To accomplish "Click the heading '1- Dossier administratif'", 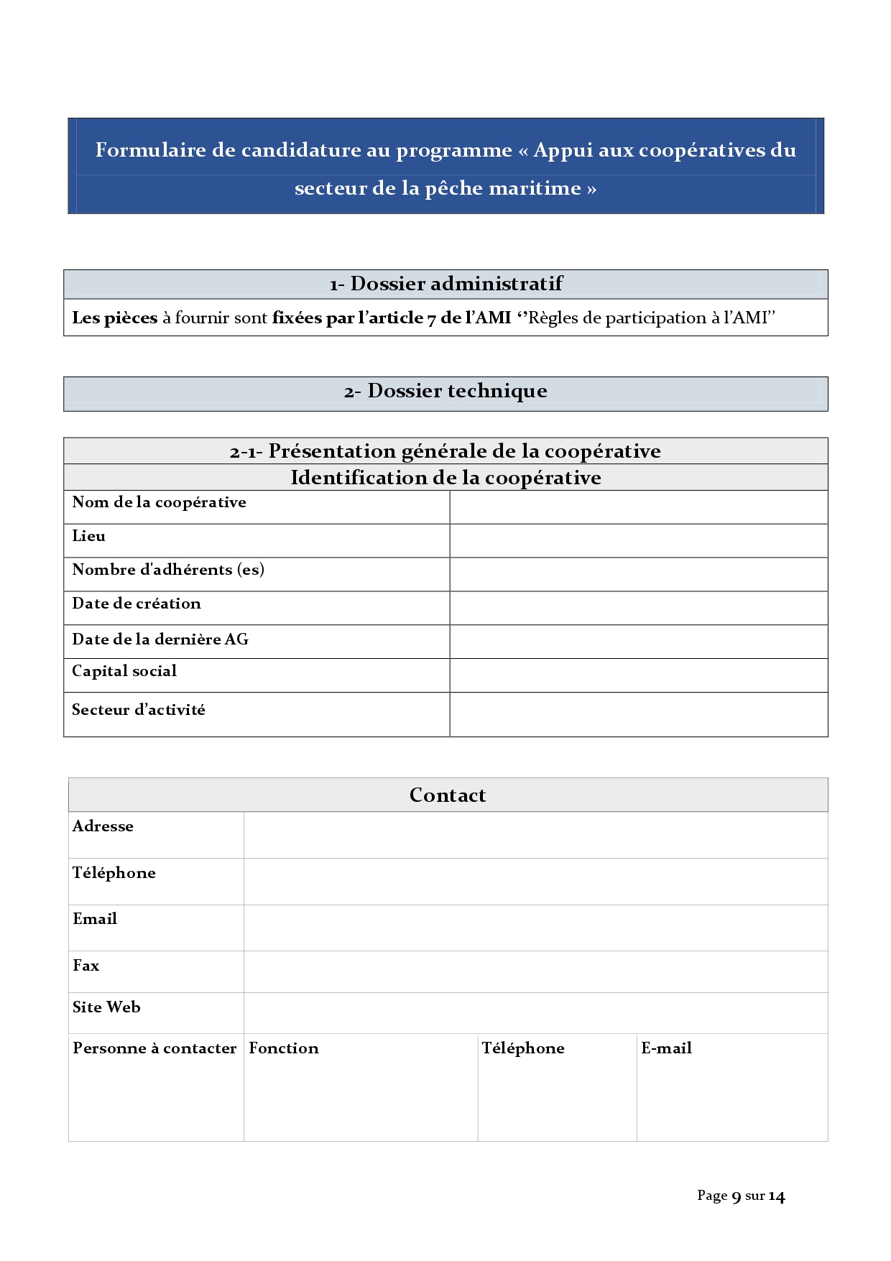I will coord(445,284).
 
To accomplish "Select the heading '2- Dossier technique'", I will coord(445,392).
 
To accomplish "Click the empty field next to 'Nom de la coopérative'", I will coord(638,507).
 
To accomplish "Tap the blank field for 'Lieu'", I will coord(638,540).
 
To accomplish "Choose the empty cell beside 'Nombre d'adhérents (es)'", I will coord(638,574).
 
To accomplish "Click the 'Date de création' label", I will coord(137,604).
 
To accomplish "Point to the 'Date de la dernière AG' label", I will coord(160,639).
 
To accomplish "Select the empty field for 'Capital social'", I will coord(638,675).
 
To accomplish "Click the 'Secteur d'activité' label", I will coord(139,710).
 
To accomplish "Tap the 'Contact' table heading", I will coord(448,795).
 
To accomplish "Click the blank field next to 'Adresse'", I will coord(535,835).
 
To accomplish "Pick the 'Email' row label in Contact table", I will coord(95,919).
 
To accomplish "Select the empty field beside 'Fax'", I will coord(535,971).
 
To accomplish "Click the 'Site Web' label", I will coord(106,1007).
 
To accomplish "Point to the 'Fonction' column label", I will coord(284,1048).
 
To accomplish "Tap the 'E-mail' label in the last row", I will coord(666,1048).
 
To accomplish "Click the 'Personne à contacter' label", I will coord(154,1048).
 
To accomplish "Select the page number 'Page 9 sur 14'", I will coord(741,1196).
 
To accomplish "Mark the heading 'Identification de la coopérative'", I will coord(445,478).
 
